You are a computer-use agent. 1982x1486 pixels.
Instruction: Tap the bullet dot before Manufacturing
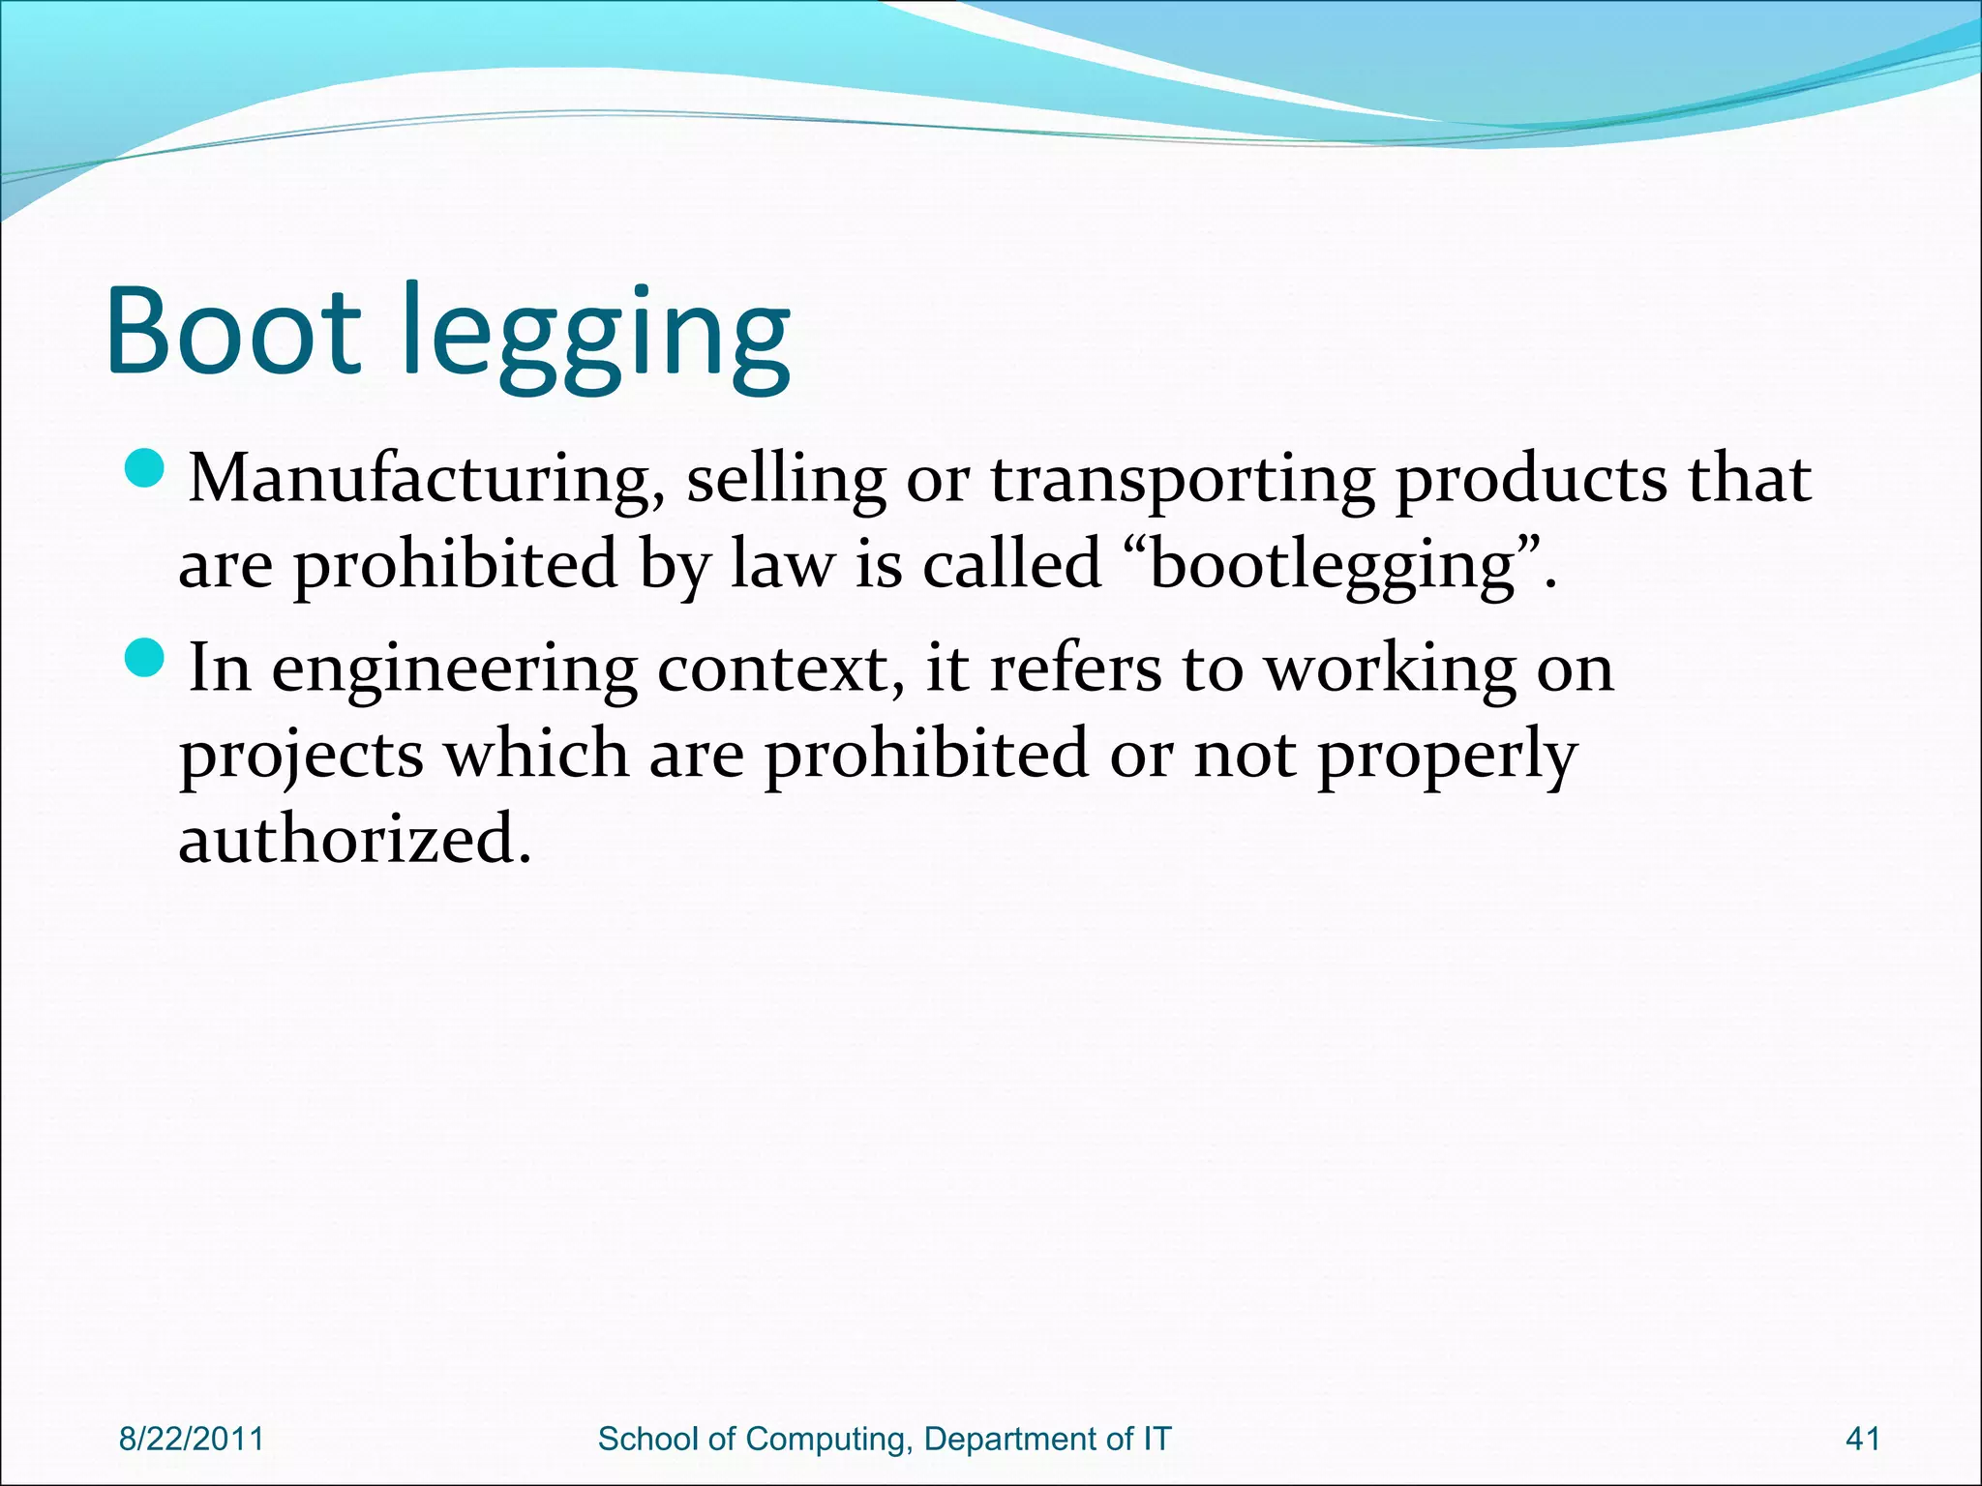pos(147,471)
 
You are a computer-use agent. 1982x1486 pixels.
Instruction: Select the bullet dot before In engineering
pos(147,660)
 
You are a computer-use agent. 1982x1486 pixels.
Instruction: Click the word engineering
pos(454,670)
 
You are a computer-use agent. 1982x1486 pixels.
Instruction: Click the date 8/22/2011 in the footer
pos(192,1439)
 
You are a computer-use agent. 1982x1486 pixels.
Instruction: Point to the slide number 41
pos(1863,1439)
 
